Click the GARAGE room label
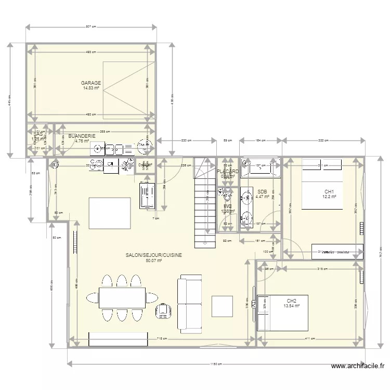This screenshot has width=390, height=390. (x=91, y=83)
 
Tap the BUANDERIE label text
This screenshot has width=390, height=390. (x=82, y=136)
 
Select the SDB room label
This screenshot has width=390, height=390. (x=262, y=191)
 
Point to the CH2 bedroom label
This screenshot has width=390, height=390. (x=291, y=301)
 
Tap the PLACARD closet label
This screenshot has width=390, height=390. (x=228, y=171)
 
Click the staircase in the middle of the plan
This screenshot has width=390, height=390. (x=205, y=203)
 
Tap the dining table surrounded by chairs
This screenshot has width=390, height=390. (x=122, y=298)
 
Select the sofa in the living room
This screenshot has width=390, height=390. (x=190, y=304)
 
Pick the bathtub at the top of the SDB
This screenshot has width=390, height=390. (x=260, y=167)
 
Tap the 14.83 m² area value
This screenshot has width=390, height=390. (x=91, y=88)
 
